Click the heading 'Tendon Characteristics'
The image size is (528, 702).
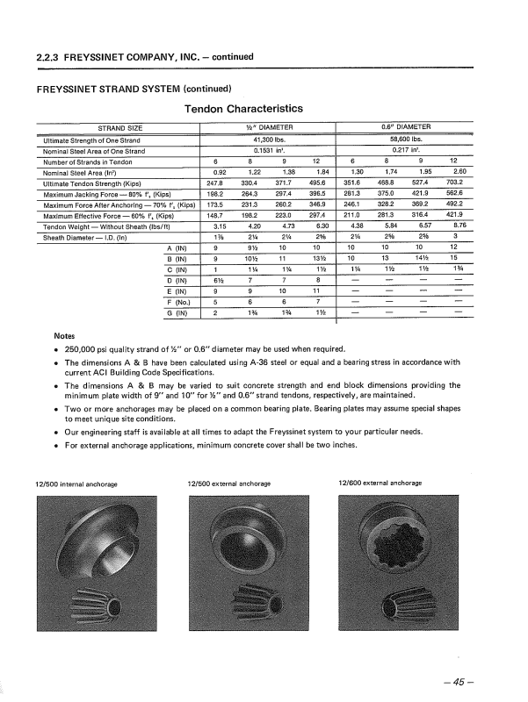point(243,109)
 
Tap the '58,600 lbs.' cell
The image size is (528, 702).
point(406,140)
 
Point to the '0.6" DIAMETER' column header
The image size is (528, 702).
point(406,128)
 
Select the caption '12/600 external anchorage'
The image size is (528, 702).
point(380,484)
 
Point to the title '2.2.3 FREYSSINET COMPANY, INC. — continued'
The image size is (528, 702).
point(145,57)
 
